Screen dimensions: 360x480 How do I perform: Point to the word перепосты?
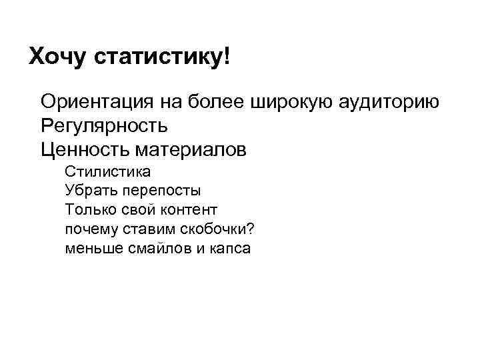click(x=161, y=191)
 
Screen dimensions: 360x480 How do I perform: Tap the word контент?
click(x=189, y=210)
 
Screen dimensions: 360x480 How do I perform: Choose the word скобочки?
click(x=214, y=229)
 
